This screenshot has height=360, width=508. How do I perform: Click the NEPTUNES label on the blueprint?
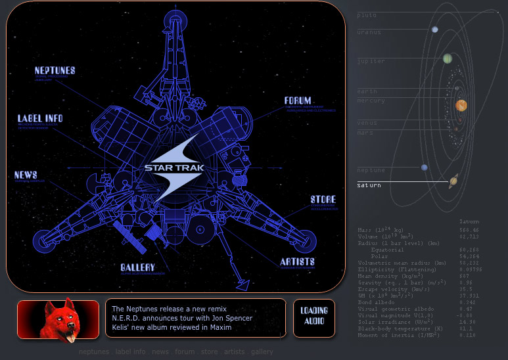[55, 70]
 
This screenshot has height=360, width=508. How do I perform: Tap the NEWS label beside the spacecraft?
[26, 175]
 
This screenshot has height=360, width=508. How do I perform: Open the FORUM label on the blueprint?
[298, 101]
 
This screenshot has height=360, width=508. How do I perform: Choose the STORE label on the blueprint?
[323, 200]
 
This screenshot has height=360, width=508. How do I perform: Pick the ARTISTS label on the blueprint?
[297, 262]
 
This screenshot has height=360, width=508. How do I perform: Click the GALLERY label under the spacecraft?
[137, 268]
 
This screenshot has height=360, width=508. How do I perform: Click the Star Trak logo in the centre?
[174, 168]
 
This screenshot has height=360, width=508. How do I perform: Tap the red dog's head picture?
[58, 318]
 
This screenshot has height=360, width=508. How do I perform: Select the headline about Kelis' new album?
[172, 327]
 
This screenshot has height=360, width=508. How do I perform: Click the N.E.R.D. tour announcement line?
[182, 318]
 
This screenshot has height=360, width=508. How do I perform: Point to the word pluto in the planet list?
[367, 14]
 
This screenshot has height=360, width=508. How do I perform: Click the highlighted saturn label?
[369, 185]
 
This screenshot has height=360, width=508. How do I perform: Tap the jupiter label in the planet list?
[371, 61]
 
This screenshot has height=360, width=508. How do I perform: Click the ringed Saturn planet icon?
[453, 181]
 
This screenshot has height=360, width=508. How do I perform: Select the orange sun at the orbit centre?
[461, 105]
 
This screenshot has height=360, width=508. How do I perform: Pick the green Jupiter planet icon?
[448, 58]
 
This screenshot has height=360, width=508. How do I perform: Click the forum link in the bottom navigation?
[185, 352]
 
